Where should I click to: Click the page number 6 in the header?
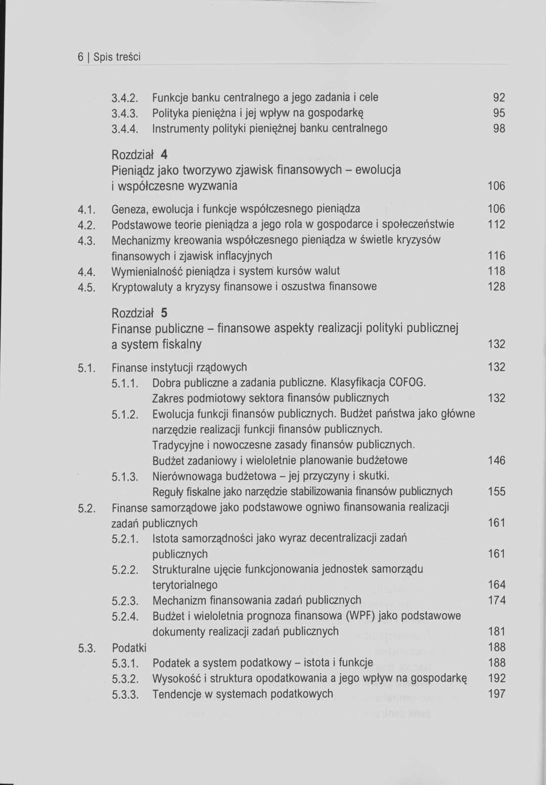click(x=80, y=57)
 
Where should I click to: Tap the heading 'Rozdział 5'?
click(x=140, y=313)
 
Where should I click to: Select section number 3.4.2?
click(x=125, y=98)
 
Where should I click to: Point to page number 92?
click(x=499, y=98)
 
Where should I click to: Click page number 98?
click(x=499, y=128)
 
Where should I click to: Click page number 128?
click(x=496, y=287)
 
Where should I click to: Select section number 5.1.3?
click(x=125, y=476)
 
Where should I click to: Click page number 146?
click(x=496, y=460)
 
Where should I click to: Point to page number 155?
click(x=496, y=491)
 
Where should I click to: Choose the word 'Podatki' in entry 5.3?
click(x=129, y=648)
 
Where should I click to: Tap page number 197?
click(x=496, y=694)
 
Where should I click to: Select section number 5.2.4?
click(x=125, y=616)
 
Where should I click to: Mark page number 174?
click(x=496, y=601)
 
